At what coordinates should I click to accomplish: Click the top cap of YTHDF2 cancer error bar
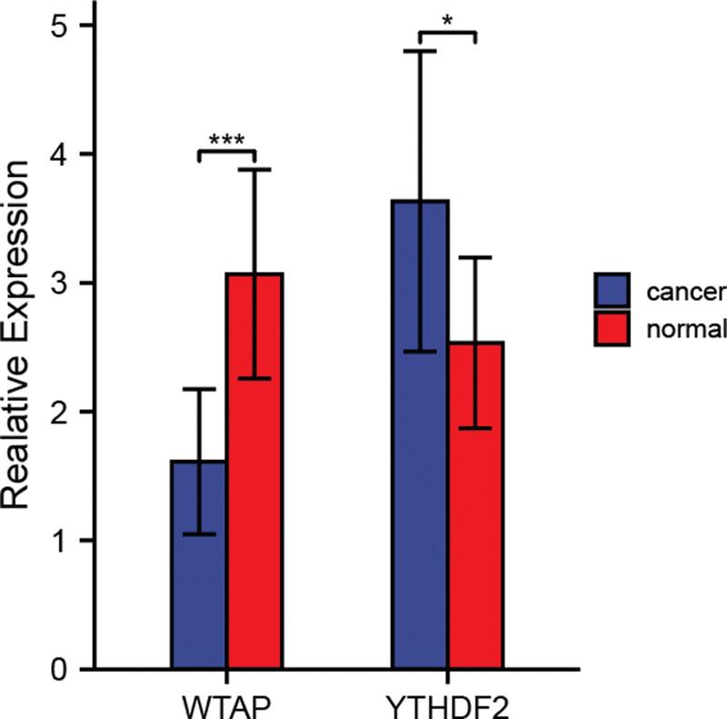(x=419, y=52)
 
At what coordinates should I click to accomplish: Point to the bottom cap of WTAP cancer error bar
(x=199, y=534)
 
